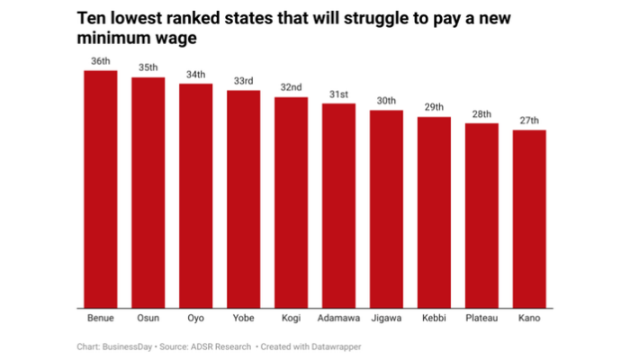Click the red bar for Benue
(101, 189)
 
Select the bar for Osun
(148, 193)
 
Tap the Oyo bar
(195, 196)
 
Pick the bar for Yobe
(243, 200)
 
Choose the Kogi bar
(291, 202)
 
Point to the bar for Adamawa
(338, 206)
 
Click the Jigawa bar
(386, 210)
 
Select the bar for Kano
(529, 220)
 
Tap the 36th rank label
(101, 61)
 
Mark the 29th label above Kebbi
(434, 108)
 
